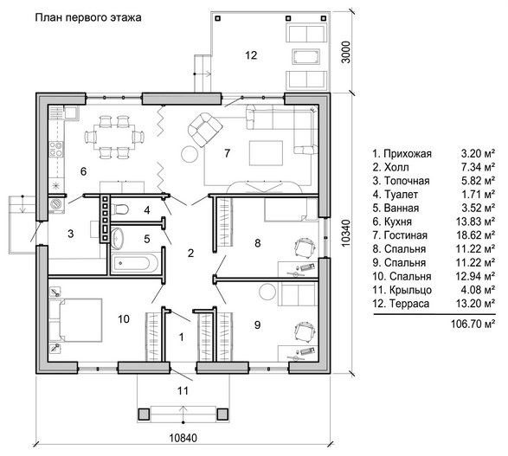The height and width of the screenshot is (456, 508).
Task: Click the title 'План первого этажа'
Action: point(88,17)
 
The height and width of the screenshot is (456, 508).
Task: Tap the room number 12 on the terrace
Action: point(251,55)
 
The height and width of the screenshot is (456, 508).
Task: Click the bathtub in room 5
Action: point(135,263)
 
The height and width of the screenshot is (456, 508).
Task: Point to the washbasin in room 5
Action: point(117,238)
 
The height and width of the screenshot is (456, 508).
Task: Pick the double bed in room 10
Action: point(75,320)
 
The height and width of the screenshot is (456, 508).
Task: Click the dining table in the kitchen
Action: point(114,137)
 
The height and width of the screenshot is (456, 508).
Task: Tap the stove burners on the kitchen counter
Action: point(56,150)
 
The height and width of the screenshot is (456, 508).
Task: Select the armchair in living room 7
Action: point(205,130)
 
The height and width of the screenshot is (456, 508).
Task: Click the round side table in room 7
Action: point(190,154)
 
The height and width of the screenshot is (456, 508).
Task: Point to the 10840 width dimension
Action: point(183,438)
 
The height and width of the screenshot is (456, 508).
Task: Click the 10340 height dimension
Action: point(346,233)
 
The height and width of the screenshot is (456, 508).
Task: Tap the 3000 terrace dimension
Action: point(346,52)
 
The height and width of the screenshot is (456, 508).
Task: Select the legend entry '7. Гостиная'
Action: point(400,235)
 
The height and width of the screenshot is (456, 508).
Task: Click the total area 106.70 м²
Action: point(473,324)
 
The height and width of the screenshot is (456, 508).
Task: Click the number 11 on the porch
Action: point(183,391)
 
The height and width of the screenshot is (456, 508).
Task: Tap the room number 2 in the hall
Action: point(190,253)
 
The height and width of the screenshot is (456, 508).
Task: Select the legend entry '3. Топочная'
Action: point(401,181)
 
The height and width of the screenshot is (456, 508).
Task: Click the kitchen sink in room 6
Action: point(71,113)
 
